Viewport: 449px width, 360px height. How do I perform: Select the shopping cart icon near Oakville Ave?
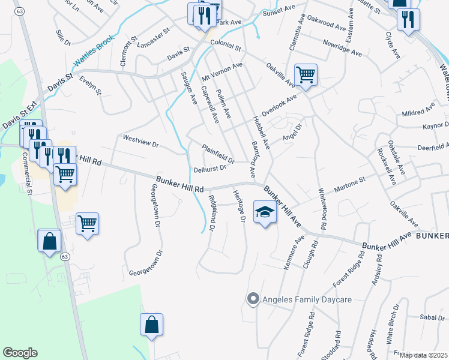point(306,75)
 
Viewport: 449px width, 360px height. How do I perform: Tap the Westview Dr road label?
point(140,141)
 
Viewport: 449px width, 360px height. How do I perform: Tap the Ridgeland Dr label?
point(211,213)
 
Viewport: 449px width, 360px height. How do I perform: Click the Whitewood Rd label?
point(324,204)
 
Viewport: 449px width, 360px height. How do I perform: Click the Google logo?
point(20,353)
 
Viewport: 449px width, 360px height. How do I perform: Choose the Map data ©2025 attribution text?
point(423,355)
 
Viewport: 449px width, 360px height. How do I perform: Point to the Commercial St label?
point(28,175)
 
